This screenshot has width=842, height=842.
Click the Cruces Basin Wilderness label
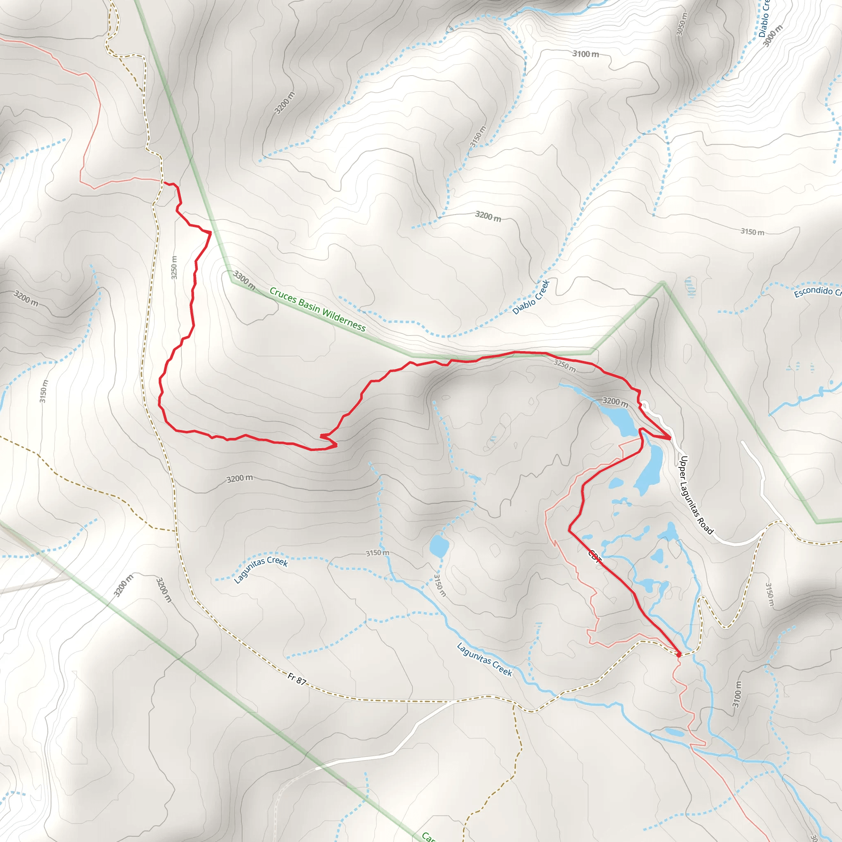[317, 309]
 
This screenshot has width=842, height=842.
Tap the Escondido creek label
[817, 291]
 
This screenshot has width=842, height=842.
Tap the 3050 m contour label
[682, 24]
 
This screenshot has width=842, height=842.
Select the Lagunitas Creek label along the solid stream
[485, 659]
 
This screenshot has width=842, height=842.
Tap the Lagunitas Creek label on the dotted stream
[261, 569]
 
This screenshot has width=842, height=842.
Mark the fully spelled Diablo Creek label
[531, 297]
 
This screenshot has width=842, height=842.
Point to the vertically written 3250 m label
[174, 268]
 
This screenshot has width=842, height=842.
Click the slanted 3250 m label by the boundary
[565, 365]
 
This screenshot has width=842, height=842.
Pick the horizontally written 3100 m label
[585, 54]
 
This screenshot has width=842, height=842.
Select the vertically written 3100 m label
[736, 694]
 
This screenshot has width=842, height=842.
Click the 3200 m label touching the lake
[615, 401]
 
